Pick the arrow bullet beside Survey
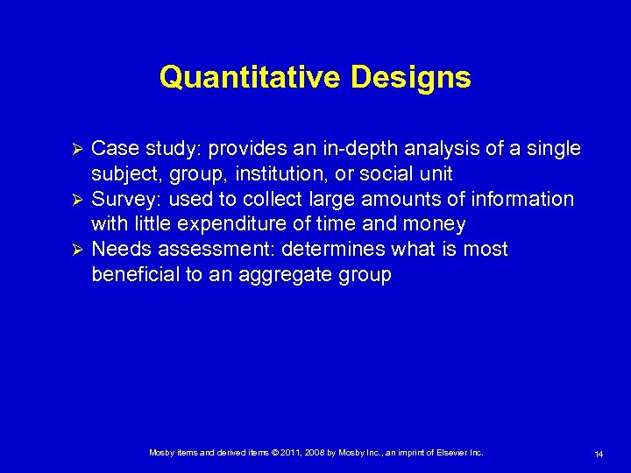pos(75,200)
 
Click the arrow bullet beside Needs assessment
pos(75,251)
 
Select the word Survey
pos(118,200)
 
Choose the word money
pos(436,224)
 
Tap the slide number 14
pos(599,454)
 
